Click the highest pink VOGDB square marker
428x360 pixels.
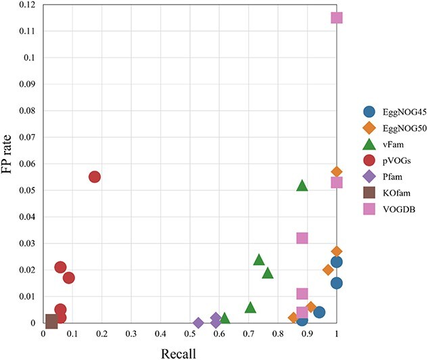point(337,18)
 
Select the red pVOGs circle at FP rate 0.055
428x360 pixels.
point(95,177)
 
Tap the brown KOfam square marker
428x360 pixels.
point(51,320)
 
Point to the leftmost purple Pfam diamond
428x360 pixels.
point(199,323)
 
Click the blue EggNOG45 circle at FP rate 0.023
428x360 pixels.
point(337,262)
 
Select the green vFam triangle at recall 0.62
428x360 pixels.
point(225,318)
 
